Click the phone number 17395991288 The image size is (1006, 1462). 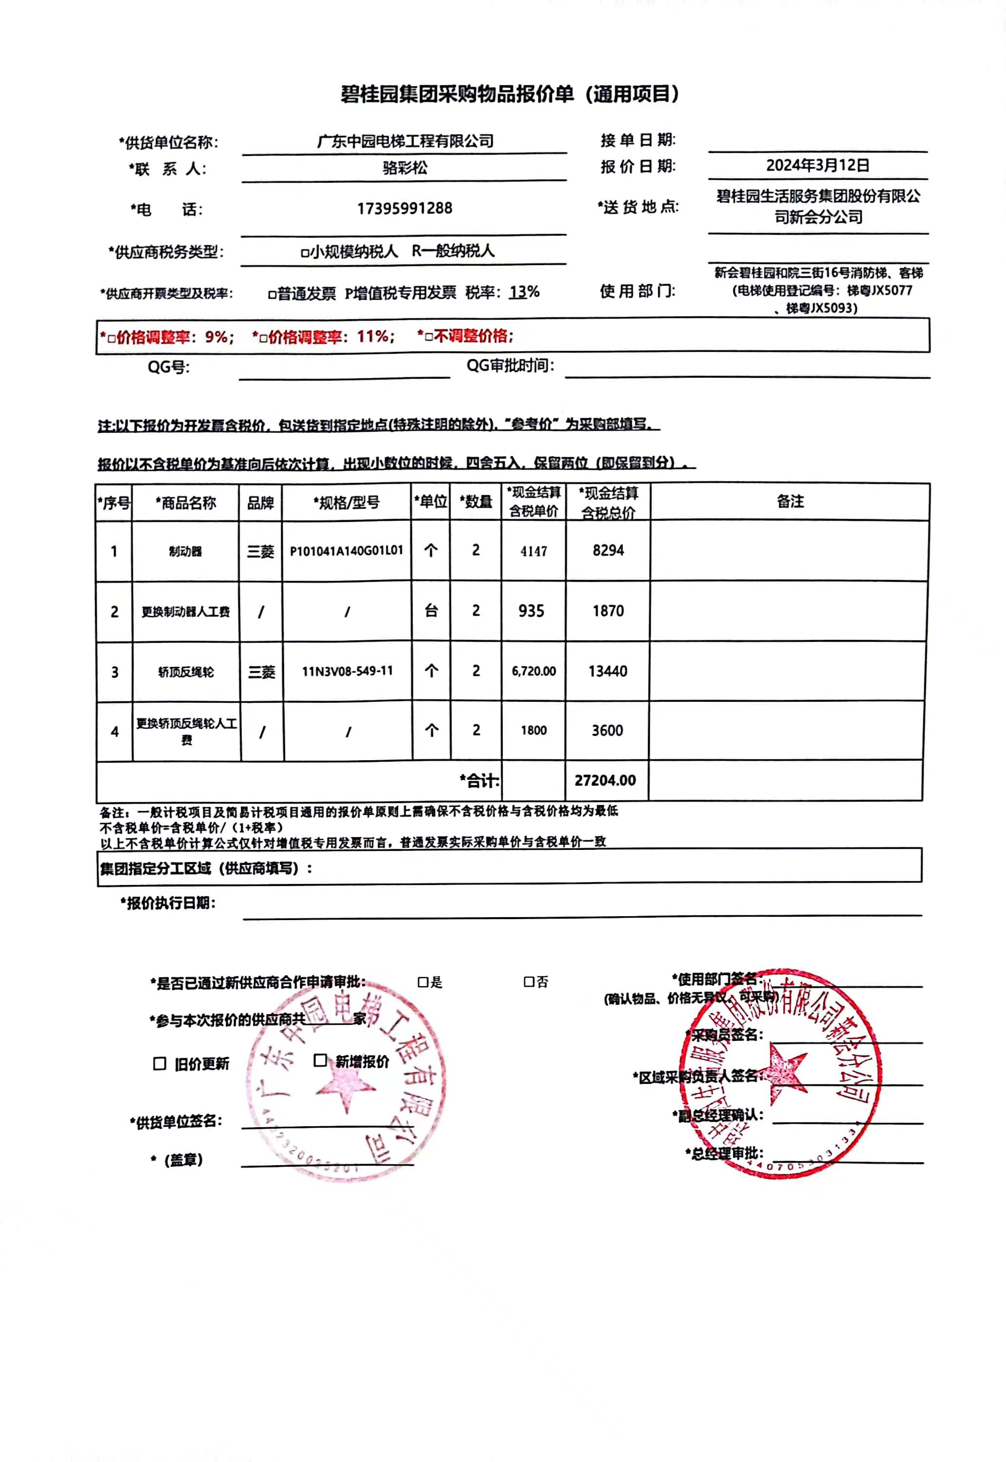coord(405,208)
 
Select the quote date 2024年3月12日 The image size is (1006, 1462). coord(817,165)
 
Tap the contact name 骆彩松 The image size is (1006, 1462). coord(405,168)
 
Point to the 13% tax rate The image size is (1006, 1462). coord(524,292)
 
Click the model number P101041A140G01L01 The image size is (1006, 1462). coord(346,550)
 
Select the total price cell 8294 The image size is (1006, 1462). coord(607,550)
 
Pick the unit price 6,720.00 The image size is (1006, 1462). coord(533,671)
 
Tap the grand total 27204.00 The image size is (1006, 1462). coord(605,780)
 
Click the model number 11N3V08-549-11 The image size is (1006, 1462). coord(347,671)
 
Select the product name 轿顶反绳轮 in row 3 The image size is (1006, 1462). coord(186,672)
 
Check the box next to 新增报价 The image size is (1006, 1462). coord(320,1060)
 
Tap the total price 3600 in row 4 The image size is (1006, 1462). coord(607,730)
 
